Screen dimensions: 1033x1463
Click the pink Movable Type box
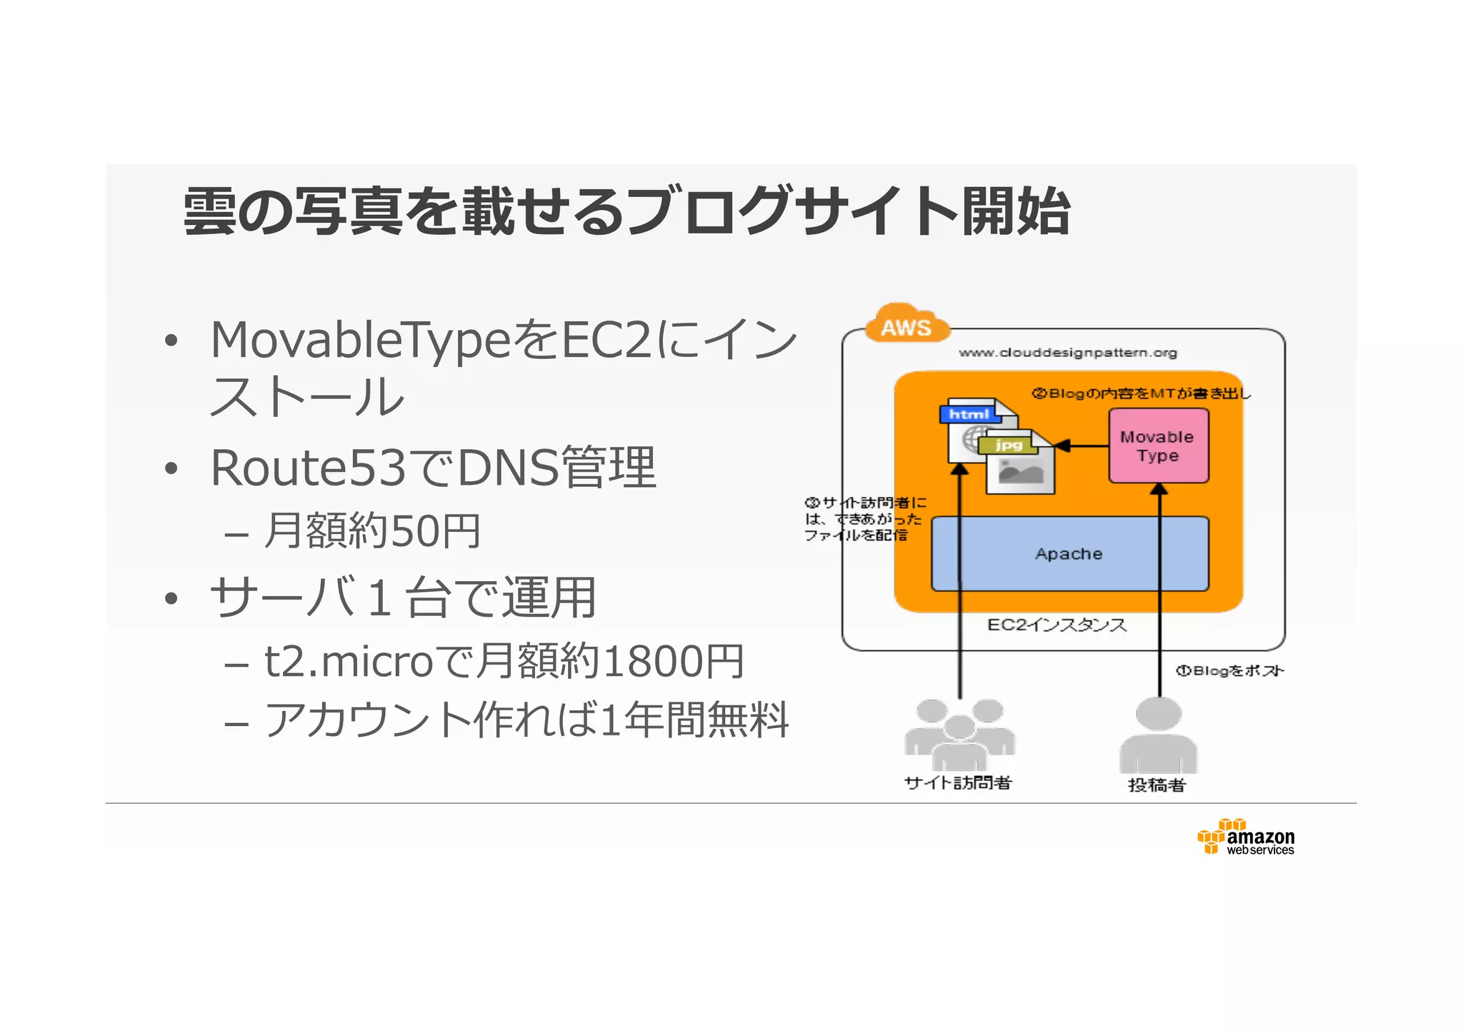tap(1158, 446)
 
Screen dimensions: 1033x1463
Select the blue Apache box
tap(1069, 554)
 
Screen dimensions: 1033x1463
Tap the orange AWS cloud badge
tap(907, 326)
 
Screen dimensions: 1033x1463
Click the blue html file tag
tap(968, 414)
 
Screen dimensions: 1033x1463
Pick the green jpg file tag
tap(1009, 445)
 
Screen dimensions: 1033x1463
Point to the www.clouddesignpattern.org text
tap(1068, 353)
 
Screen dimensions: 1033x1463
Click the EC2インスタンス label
tap(1057, 625)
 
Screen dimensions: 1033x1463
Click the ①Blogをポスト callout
tap(1229, 671)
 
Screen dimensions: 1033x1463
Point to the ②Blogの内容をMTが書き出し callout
tap(1141, 393)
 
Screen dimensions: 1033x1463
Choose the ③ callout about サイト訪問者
tap(864, 519)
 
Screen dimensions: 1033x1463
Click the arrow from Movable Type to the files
tap(1082, 446)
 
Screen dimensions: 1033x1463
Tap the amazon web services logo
tap(1247, 837)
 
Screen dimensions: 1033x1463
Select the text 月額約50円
tap(371, 531)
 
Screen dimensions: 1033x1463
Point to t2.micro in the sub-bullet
tap(349, 661)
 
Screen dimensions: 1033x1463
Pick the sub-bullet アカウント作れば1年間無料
tap(526, 720)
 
